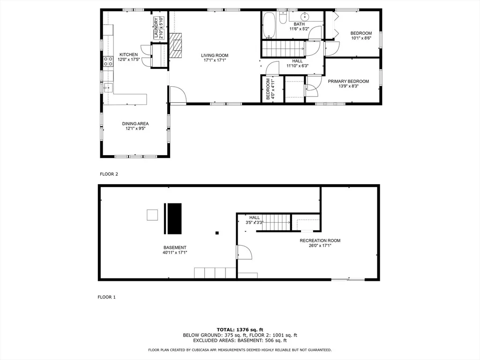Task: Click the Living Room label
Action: coord(215,55)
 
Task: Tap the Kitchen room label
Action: coord(128,54)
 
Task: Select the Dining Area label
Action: coord(135,124)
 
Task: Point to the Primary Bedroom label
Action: coord(348,81)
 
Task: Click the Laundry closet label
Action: coord(157,28)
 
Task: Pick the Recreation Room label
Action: coord(320,240)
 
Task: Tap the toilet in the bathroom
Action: coord(283,18)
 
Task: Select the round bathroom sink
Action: coord(305,16)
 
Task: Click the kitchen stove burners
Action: coord(108,61)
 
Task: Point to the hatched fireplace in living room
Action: coord(176,45)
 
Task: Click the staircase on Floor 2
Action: coord(283,49)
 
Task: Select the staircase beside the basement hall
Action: coord(276,223)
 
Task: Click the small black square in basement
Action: coord(217,233)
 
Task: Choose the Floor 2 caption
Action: coord(109,174)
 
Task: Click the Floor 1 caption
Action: coord(106,297)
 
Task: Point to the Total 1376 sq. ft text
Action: coord(240,330)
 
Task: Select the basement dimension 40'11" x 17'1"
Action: coord(175,253)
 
